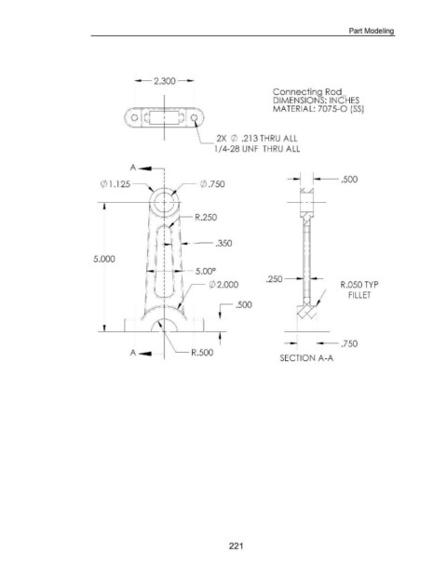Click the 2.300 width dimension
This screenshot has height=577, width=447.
tap(165, 81)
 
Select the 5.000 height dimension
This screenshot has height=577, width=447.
tap(104, 259)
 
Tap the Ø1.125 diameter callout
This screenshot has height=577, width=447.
tap(115, 183)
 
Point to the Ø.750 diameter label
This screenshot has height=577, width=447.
tap(212, 183)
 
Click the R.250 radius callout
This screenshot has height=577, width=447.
tap(206, 217)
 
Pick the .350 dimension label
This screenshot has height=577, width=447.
tap(223, 243)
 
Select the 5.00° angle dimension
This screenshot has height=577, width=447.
tap(206, 272)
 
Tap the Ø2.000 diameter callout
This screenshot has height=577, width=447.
tap(223, 285)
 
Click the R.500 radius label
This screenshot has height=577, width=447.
tap(202, 353)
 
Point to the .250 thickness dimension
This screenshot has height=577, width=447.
tap(275, 279)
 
